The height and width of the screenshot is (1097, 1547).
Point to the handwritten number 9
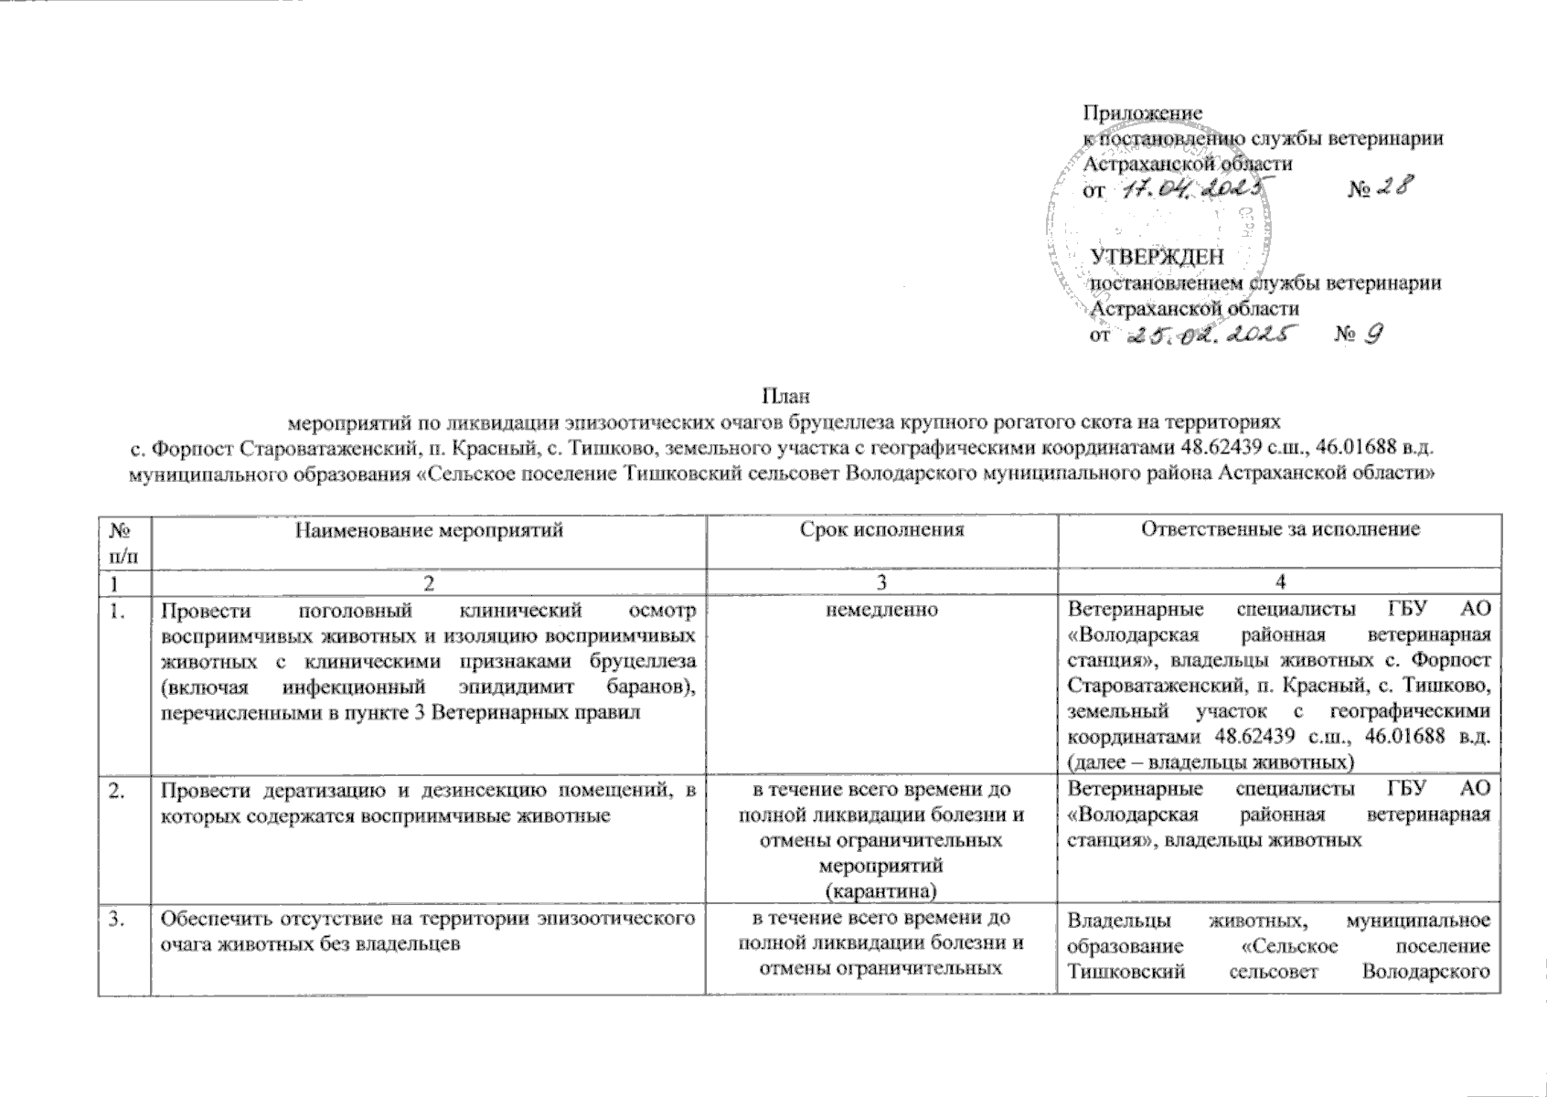(x=1373, y=335)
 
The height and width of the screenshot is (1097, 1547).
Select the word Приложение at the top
(x=1142, y=112)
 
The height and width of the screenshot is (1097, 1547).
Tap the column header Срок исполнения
(x=881, y=530)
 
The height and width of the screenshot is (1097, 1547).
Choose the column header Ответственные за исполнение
(x=1276, y=530)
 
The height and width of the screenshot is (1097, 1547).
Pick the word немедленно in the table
(x=881, y=609)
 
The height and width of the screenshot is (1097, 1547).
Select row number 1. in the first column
(x=116, y=609)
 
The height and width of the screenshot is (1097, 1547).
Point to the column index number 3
(x=882, y=582)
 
